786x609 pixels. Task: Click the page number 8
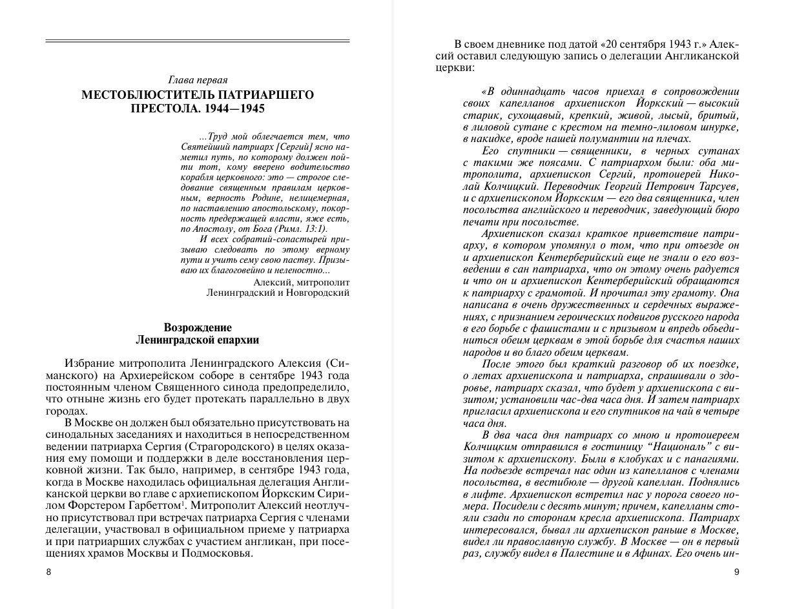[x=48, y=572]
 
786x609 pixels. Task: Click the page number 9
[x=736, y=572]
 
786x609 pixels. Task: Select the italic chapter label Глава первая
[x=198, y=80]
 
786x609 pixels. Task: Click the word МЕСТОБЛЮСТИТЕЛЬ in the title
[x=146, y=95]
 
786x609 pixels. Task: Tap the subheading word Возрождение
[x=198, y=327]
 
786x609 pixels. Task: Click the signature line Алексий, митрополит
[x=302, y=282]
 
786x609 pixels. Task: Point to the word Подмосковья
[x=219, y=554]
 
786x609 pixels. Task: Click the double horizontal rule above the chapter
[x=198, y=41]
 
